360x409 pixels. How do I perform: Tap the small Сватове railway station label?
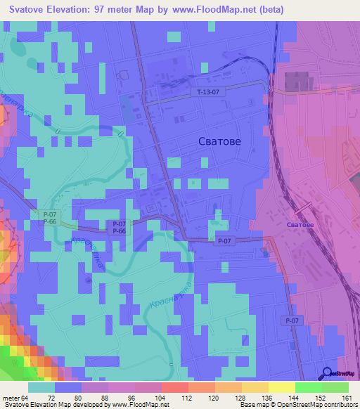tap(300, 224)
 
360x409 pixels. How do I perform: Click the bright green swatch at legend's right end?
tap(335, 387)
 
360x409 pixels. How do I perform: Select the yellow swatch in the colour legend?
tap(281, 387)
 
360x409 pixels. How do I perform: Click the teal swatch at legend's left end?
tap(41, 387)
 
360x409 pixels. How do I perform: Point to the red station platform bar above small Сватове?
tap(303, 209)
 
